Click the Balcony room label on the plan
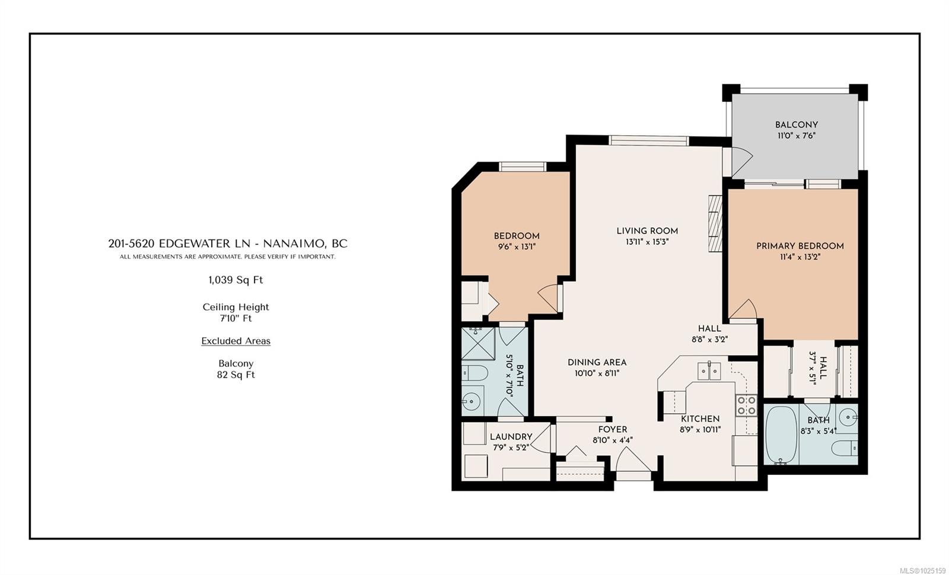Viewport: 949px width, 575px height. (x=796, y=125)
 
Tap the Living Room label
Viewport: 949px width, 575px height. (x=647, y=231)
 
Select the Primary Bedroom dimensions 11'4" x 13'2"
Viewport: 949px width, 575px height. (x=800, y=257)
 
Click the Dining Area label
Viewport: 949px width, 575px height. (x=597, y=362)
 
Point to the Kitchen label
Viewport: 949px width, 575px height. (x=700, y=419)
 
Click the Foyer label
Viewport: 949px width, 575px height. (x=613, y=429)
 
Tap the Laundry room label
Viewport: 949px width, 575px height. (x=511, y=436)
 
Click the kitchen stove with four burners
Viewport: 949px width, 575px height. (x=746, y=405)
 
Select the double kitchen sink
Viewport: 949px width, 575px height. (x=709, y=370)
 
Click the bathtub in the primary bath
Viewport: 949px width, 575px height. (x=781, y=435)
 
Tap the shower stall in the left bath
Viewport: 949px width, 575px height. (x=478, y=343)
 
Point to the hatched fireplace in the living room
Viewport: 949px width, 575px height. (x=715, y=223)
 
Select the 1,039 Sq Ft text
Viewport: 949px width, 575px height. (x=235, y=280)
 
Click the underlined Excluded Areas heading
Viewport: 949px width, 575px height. (x=235, y=341)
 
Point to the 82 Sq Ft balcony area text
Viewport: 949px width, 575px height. (x=235, y=375)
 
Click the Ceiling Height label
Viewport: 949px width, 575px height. (x=235, y=307)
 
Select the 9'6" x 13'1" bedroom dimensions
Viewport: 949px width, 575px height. (x=517, y=247)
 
